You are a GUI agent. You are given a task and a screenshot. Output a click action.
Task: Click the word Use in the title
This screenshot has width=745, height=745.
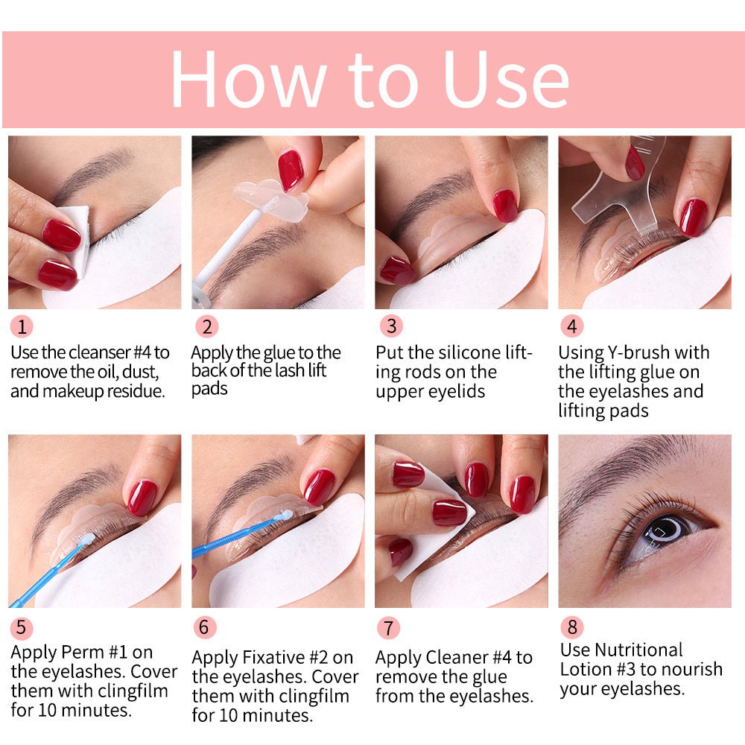[x=506, y=80]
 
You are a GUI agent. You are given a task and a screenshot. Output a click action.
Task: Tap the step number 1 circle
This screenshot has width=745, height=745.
[x=22, y=326]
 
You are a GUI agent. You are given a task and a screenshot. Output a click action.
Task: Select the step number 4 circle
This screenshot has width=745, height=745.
[x=571, y=326]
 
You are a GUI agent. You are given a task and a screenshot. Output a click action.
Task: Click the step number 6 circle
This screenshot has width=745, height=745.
[x=205, y=627]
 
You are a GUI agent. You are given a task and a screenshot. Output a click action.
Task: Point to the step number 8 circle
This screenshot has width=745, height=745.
[x=571, y=627]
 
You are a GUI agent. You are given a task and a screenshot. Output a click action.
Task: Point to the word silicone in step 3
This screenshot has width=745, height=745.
[x=457, y=352]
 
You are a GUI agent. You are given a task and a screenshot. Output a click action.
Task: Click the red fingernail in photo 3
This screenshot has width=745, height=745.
[x=504, y=204]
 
